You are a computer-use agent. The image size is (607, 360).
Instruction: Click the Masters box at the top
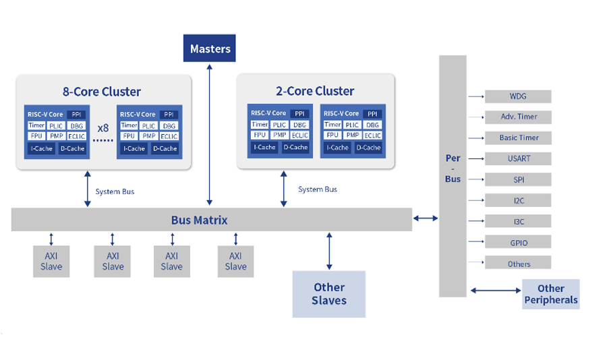pyautogui.click(x=210, y=49)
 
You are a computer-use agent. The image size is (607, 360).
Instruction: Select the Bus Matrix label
pyautogui.click(x=199, y=220)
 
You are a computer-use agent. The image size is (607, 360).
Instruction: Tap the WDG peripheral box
pyautogui.click(x=518, y=96)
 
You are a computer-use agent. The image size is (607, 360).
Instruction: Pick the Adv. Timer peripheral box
pyautogui.click(x=518, y=117)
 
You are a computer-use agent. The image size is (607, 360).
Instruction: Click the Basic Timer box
pyautogui.click(x=518, y=138)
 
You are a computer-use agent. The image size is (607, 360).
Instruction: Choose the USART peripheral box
pyautogui.click(x=518, y=159)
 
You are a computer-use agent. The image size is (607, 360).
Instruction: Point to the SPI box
pyautogui.click(x=518, y=180)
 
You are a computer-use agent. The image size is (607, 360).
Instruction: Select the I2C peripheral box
pyautogui.click(x=518, y=201)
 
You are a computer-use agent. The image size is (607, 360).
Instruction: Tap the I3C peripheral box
pyautogui.click(x=518, y=222)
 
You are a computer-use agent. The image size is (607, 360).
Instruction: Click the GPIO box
pyautogui.click(x=518, y=243)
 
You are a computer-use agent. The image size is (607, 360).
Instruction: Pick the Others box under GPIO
pyautogui.click(x=518, y=264)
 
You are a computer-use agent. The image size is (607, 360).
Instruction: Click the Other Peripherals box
pyautogui.click(x=551, y=294)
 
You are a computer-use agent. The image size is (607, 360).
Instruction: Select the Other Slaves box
pyautogui.click(x=328, y=294)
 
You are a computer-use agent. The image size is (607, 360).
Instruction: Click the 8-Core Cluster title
pyautogui.click(x=102, y=92)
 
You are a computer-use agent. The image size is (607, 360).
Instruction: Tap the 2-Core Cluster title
pyautogui.click(x=315, y=91)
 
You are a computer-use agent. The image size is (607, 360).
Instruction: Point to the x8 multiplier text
pyautogui.click(x=103, y=127)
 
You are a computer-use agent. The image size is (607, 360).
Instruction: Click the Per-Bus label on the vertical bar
pyautogui.click(x=453, y=169)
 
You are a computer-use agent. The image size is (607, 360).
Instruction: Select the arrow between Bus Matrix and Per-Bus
pyautogui.click(x=426, y=218)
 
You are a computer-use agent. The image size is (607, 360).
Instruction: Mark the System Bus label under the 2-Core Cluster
pyautogui.click(x=318, y=189)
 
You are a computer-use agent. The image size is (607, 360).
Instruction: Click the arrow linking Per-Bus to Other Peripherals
pyautogui.click(x=495, y=291)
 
